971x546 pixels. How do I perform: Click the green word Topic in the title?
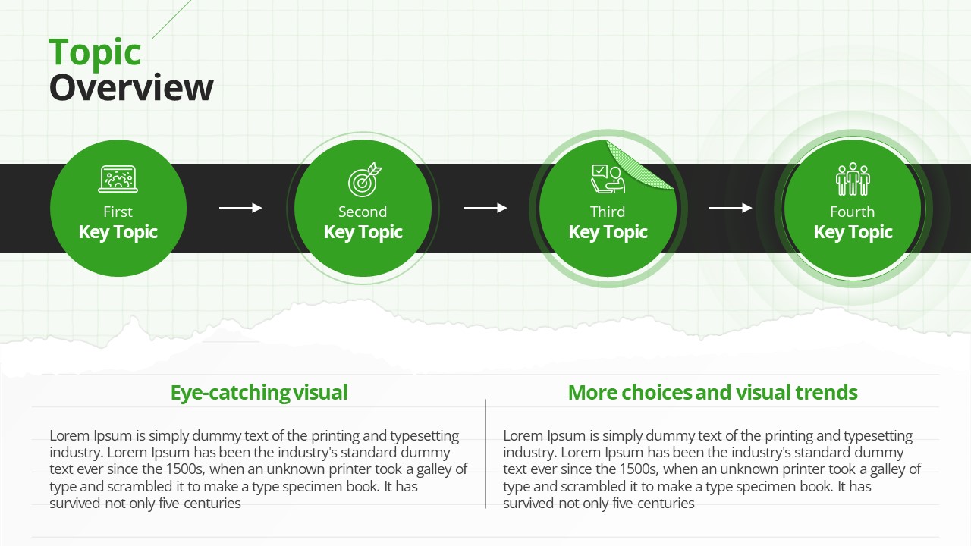click(x=95, y=53)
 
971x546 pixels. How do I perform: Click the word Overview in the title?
click(x=131, y=87)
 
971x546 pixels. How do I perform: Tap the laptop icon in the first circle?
click(x=118, y=178)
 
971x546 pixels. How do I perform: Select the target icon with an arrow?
click(x=365, y=180)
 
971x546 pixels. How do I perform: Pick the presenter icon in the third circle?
click(x=608, y=179)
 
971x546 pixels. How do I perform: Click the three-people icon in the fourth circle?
click(x=853, y=179)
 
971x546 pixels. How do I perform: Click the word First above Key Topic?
click(x=118, y=212)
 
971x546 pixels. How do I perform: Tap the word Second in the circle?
click(x=363, y=212)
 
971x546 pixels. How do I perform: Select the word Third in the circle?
click(x=608, y=212)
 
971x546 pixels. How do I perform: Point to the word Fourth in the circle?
click(x=852, y=212)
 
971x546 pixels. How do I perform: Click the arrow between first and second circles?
click(x=240, y=208)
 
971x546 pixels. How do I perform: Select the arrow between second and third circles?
click(x=485, y=208)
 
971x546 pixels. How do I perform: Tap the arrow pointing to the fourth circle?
click(x=731, y=208)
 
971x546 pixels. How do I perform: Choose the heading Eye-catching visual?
click(x=259, y=393)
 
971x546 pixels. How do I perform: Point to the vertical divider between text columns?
click(x=486, y=453)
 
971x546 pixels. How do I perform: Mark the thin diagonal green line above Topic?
click(x=171, y=20)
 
